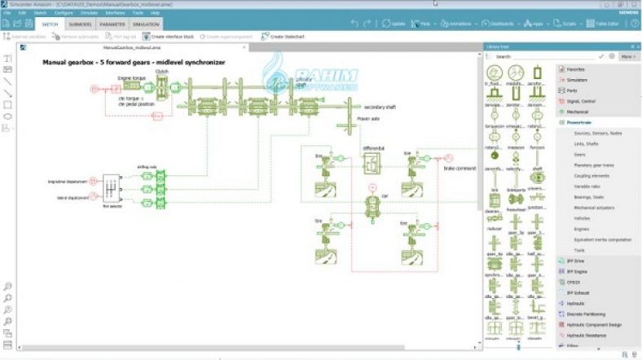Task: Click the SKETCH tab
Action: [50, 24]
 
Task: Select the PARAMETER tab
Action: [112, 24]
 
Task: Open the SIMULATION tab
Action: [146, 24]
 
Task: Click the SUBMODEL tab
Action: [80, 24]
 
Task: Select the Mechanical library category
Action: [578, 111]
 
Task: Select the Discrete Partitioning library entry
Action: [589, 313]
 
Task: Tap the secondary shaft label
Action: [380, 107]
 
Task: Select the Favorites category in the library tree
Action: [576, 69]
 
